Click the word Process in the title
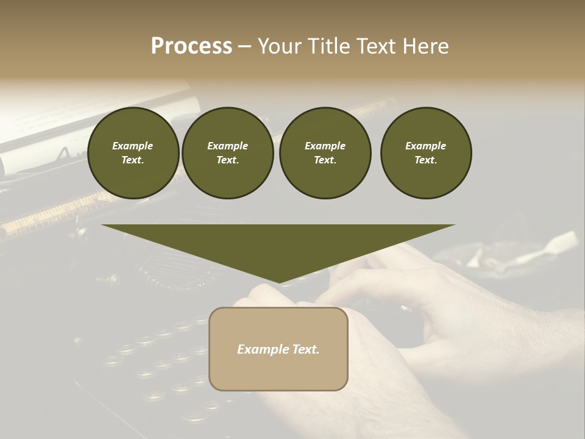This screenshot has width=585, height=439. click(191, 46)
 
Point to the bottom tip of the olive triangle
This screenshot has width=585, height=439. click(278, 282)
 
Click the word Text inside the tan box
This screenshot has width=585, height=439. click(305, 349)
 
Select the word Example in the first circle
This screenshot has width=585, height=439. click(133, 146)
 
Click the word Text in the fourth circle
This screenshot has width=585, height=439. click(425, 160)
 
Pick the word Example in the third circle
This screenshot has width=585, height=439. click(325, 146)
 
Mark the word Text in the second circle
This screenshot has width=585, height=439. click(227, 160)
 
